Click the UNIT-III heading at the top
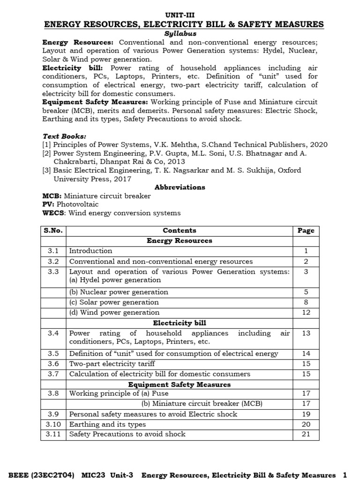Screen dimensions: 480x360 [x=180, y=15]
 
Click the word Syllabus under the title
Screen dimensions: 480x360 [x=180, y=34]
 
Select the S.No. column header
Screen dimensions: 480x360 [x=53, y=230]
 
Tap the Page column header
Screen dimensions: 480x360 [x=306, y=230]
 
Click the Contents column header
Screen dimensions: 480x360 [x=180, y=230]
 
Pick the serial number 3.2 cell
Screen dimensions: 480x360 [x=53, y=262]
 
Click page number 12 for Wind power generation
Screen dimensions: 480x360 [x=306, y=313]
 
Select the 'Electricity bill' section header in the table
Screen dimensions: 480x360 [x=180, y=323]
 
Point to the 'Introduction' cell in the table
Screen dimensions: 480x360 [x=91, y=251]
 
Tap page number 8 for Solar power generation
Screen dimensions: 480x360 [x=306, y=302]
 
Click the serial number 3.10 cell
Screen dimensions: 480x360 [x=53, y=424]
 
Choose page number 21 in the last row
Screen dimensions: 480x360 [x=306, y=434]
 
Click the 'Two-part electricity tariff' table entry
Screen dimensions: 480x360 [x=112, y=364]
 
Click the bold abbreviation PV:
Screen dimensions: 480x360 [x=49, y=204]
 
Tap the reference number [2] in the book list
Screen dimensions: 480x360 [x=47, y=153]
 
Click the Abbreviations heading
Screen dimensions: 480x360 [x=180, y=187]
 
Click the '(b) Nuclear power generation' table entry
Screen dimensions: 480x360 [x=119, y=292]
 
